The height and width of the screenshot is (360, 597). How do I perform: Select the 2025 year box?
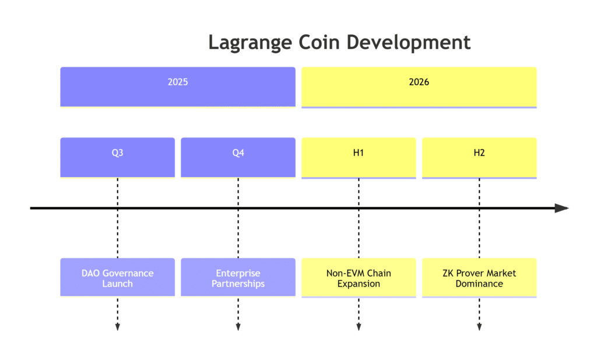point(178,87)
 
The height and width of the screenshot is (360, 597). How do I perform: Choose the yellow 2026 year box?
point(419,87)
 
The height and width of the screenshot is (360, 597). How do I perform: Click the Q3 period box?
point(117,157)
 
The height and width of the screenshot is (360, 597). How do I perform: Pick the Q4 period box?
point(238,157)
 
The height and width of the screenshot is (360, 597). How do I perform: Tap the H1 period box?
point(359,157)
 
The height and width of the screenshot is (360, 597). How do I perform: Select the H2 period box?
point(479,157)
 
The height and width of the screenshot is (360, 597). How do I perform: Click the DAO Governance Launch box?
point(117,278)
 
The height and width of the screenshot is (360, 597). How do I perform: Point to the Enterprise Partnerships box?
point(238,278)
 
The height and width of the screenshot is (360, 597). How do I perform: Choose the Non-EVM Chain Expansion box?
point(359,278)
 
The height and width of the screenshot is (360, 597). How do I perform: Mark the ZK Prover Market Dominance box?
point(479,278)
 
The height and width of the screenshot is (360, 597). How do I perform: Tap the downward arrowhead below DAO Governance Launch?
point(117,327)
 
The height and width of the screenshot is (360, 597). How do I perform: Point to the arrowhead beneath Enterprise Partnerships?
point(238,327)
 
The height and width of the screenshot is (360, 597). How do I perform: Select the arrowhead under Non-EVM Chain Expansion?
point(359,327)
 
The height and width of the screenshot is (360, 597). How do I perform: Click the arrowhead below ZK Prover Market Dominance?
point(479,327)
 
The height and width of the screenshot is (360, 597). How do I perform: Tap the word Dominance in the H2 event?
point(479,284)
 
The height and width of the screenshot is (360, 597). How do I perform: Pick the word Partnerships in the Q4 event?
point(238,284)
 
